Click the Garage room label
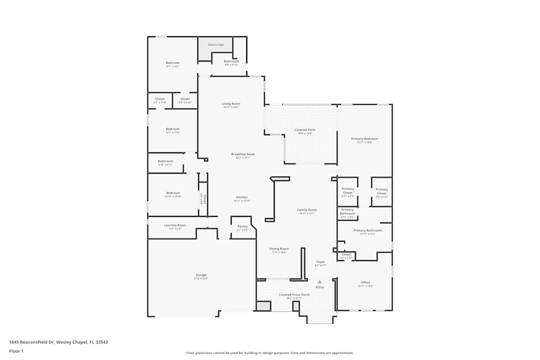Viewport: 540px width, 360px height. point(201,275)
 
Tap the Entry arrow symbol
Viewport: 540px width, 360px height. point(320,282)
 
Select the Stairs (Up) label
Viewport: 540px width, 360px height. point(216,44)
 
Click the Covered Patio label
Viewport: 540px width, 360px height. point(305,130)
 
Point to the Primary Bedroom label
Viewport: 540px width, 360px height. point(364,139)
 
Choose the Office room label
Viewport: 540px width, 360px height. point(366,283)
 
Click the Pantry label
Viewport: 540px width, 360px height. point(242,226)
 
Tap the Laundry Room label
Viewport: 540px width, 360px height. point(175,225)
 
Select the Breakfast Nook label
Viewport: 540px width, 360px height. point(243,154)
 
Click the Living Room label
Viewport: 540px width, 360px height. point(231,104)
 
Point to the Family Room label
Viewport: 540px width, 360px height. point(307,210)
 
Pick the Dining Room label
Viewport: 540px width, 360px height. point(279,249)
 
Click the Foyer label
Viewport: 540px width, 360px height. point(321,262)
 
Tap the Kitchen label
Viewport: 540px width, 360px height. point(242,197)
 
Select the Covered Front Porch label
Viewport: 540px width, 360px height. point(294,295)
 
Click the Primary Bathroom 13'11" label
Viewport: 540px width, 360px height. point(368,230)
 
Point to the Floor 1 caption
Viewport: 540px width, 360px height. point(16,351)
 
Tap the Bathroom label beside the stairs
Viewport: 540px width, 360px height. point(231,62)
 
